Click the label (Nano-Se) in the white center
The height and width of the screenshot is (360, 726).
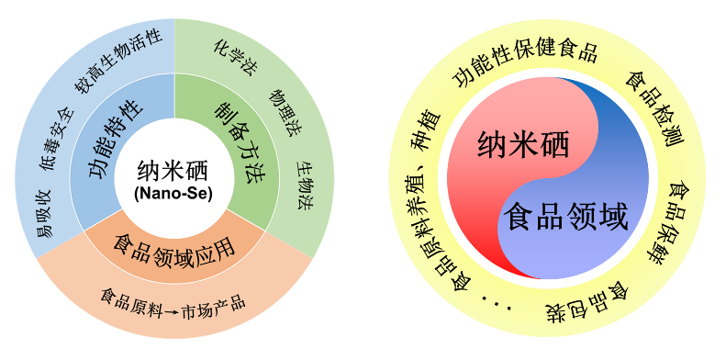[x=173, y=194]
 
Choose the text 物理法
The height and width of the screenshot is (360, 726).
[x=285, y=111]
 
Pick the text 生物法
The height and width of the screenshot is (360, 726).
[x=303, y=186]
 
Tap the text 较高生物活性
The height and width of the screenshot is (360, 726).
[x=118, y=61]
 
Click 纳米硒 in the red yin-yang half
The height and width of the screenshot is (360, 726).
[x=523, y=144]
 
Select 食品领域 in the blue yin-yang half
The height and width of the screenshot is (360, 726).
[x=565, y=217]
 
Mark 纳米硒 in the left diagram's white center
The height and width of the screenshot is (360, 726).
[x=173, y=173]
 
